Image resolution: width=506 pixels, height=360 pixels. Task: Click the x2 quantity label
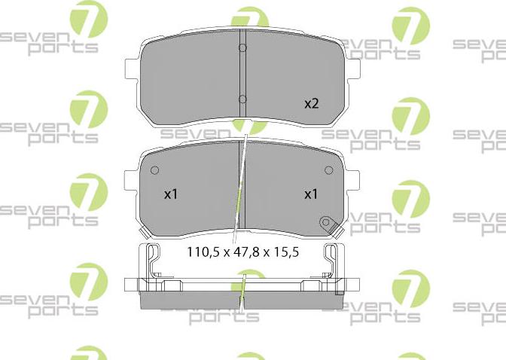pyautogui.click(x=311, y=104)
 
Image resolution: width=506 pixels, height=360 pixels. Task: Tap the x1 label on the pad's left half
pyautogui.click(x=171, y=194)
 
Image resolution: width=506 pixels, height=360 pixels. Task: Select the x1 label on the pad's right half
pyautogui.click(x=310, y=194)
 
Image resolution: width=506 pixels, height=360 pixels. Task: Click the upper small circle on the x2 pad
pyautogui.click(x=242, y=50)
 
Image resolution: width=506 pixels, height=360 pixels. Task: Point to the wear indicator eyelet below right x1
pyautogui.click(x=326, y=222)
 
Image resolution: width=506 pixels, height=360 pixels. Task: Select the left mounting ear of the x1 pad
pyautogui.click(x=129, y=182)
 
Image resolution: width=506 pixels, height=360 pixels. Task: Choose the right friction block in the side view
pyautogui.click(x=294, y=300)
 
